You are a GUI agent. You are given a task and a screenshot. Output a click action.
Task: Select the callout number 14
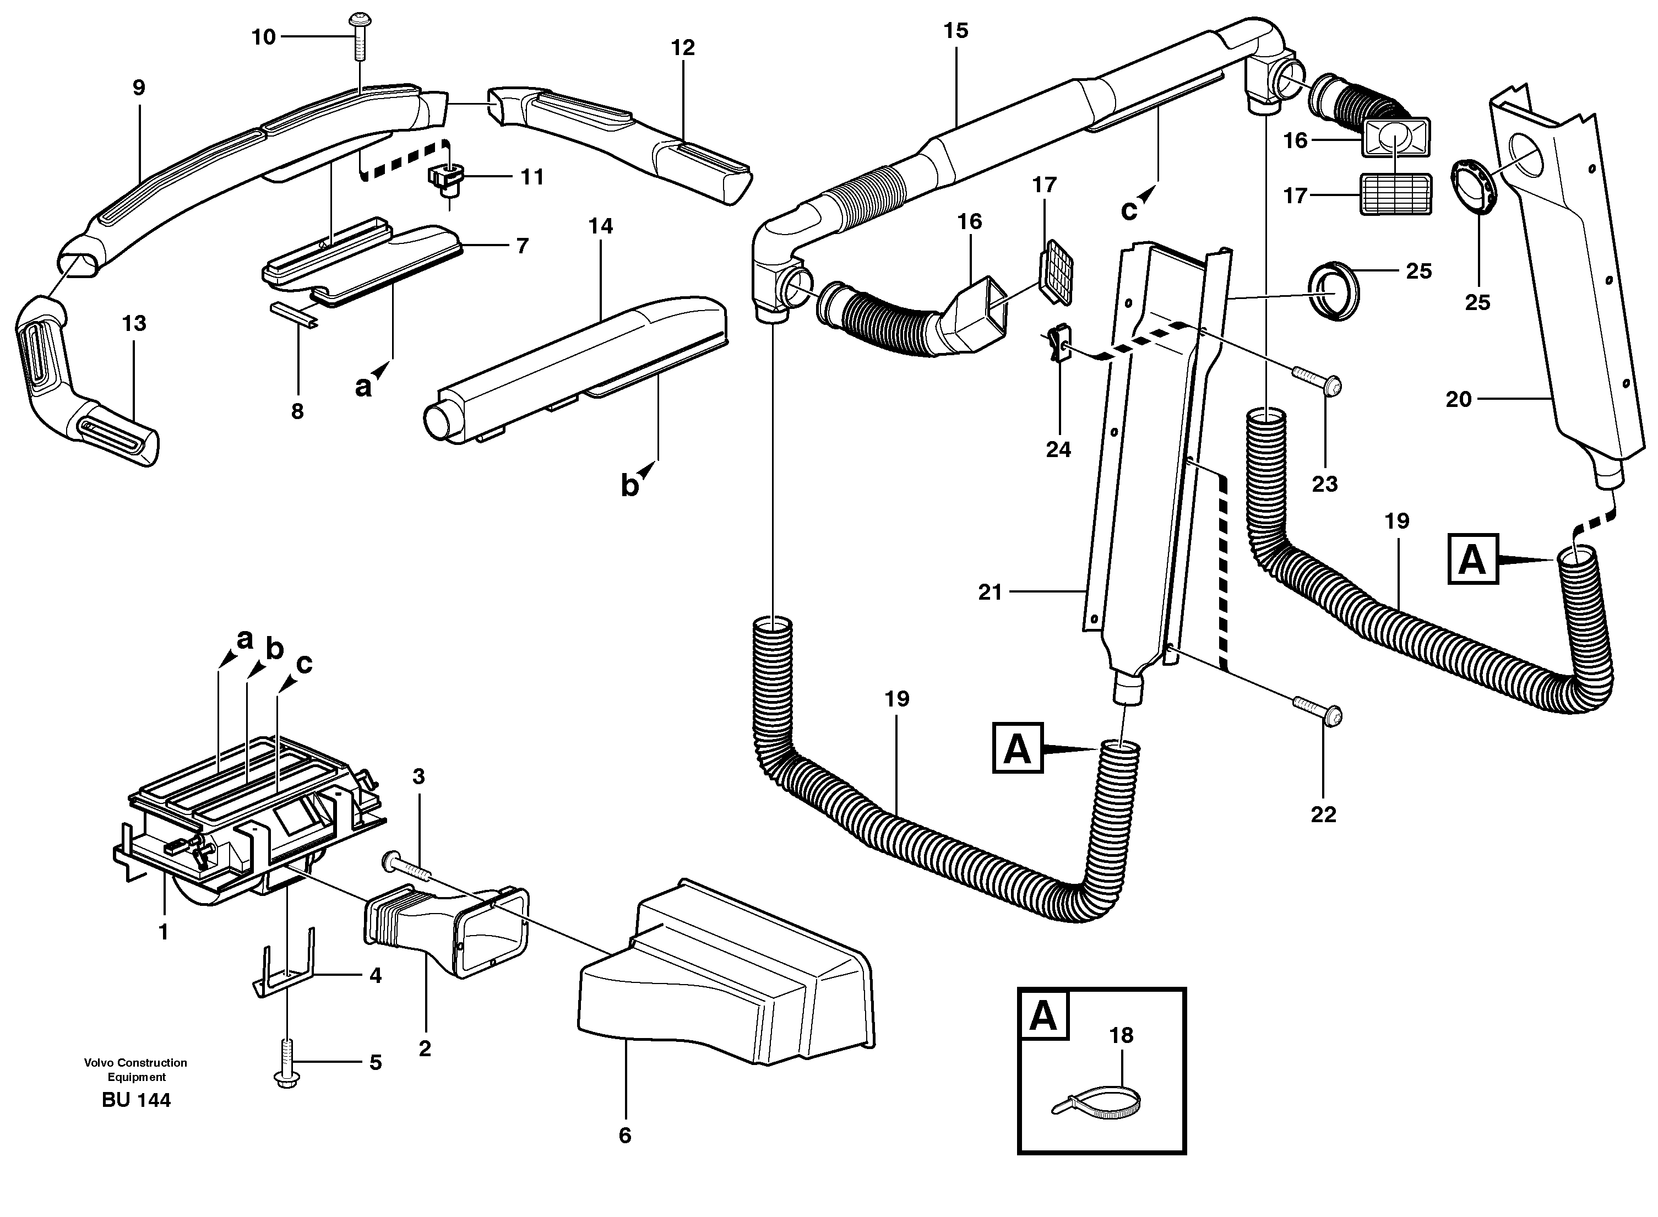click(x=600, y=226)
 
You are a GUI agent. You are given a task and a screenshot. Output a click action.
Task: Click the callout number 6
click(x=624, y=1136)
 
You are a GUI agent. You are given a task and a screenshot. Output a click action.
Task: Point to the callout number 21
click(x=990, y=593)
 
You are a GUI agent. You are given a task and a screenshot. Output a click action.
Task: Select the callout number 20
click(x=1459, y=399)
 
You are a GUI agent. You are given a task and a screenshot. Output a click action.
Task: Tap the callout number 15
click(x=955, y=31)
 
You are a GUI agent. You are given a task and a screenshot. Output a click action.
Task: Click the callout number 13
click(x=134, y=323)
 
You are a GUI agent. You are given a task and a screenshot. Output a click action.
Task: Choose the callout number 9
click(x=138, y=88)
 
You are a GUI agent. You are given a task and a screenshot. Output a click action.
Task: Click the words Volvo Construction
click(x=135, y=1062)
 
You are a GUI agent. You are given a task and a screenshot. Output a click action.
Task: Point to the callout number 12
click(x=683, y=48)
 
